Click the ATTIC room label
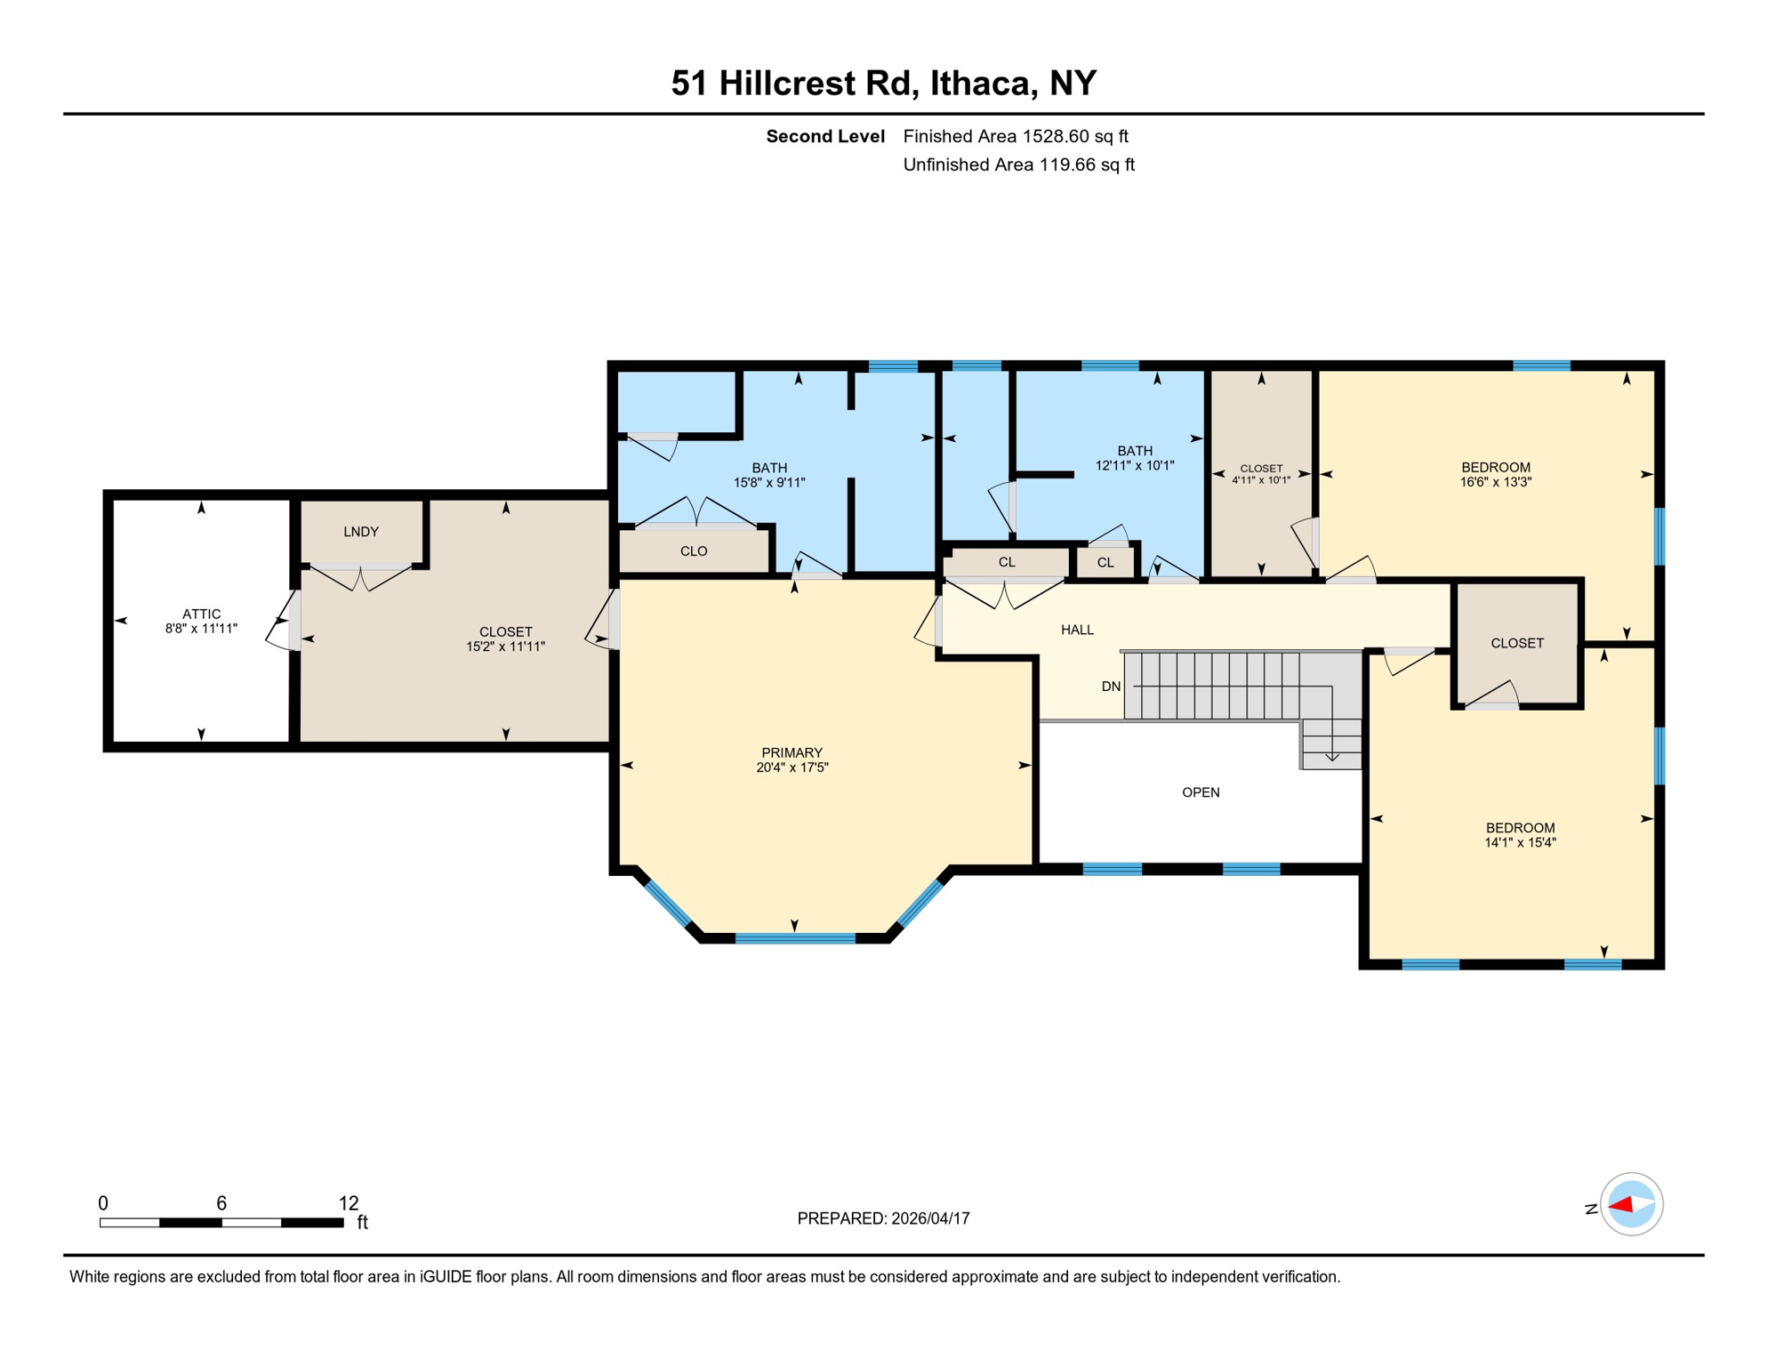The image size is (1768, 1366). point(201,614)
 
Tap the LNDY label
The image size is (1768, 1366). point(361,532)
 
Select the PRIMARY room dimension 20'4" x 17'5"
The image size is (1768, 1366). point(792,767)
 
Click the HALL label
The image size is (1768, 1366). point(1077,630)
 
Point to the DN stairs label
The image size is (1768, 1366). point(1111,687)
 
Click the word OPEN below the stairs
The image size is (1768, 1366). point(1200,792)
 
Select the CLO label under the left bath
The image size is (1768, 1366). point(694,551)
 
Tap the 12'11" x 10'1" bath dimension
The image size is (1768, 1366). point(1135,465)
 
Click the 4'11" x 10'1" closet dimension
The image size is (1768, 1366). point(1260,480)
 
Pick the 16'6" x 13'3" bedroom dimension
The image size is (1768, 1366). point(1495,482)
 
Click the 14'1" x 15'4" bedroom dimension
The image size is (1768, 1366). point(1520,842)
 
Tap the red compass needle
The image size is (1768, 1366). point(1621,1205)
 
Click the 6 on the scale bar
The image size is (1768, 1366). point(221,1203)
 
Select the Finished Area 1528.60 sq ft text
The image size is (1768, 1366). point(1015,136)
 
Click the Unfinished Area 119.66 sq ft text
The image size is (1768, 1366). point(1018,165)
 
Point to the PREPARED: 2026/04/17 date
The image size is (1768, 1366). point(883,1218)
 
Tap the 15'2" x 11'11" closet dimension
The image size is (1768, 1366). point(505,647)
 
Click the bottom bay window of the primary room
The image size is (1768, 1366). point(795,938)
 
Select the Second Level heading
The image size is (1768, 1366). point(824,136)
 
